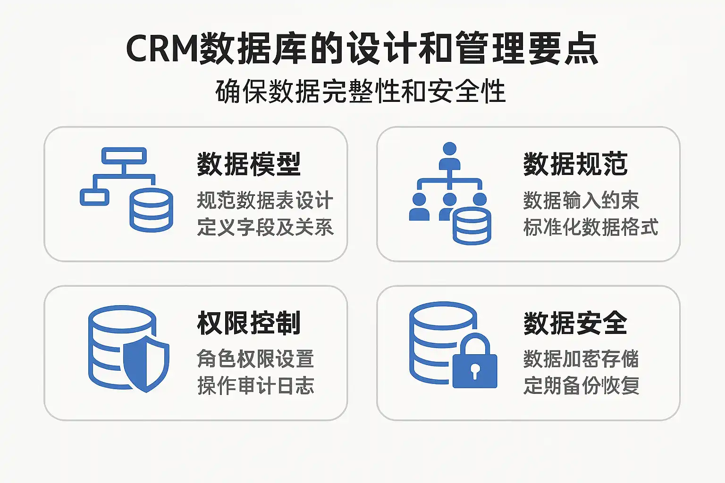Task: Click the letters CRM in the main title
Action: point(161,49)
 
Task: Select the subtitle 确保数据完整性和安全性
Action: point(361,92)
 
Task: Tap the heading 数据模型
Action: point(249,164)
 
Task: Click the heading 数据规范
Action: point(575,164)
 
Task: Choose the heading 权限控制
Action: point(249,323)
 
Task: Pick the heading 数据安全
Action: point(575,323)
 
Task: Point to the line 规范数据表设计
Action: point(265,200)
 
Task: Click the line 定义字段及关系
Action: point(265,227)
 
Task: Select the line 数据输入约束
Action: point(581,200)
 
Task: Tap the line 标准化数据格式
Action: point(590,227)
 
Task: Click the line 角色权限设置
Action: point(255,359)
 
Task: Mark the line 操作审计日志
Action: point(255,385)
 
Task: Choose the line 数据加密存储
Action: point(581,359)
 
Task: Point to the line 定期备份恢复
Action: point(581,385)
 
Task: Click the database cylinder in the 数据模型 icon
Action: point(151,210)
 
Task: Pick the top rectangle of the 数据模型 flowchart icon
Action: point(124,156)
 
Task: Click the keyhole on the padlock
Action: point(475,371)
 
